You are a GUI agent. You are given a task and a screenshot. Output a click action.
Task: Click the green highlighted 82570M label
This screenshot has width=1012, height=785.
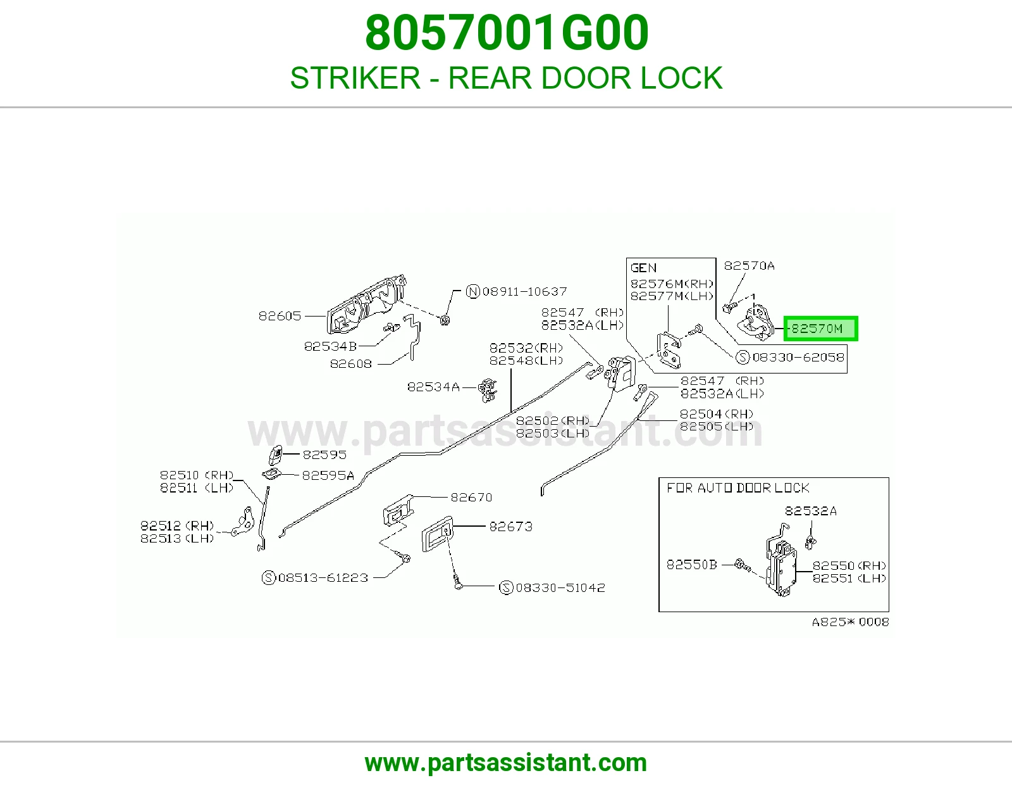click(820, 329)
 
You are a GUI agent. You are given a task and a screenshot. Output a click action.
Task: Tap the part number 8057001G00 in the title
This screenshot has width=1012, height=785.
click(506, 33)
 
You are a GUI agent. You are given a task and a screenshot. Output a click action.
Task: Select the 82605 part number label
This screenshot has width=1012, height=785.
click(280, 316)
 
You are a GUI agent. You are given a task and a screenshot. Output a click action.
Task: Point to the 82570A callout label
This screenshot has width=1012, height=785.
click(749, 266)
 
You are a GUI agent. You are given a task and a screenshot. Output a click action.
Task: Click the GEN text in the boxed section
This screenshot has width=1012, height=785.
click(643, 268)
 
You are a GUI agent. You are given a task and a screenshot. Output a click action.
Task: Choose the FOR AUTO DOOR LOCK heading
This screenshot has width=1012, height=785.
click(737, 488)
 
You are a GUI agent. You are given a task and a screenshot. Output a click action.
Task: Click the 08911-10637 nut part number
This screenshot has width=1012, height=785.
click(524, 292)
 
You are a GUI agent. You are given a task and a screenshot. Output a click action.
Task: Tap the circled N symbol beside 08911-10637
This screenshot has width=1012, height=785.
click(472, 292)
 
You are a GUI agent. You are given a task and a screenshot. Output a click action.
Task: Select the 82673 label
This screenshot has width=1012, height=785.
click(510, 527)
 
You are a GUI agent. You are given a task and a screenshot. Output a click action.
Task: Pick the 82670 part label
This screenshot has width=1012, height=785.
click(471, 498)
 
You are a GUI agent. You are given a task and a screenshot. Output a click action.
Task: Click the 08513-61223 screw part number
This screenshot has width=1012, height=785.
click(323, 578)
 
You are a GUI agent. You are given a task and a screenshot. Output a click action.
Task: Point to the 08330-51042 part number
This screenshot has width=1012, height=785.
click(560, 588)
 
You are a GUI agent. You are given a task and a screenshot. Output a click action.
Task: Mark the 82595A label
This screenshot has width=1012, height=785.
click(328, 475)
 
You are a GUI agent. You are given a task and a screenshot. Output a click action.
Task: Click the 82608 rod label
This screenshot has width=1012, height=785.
click(350, 363)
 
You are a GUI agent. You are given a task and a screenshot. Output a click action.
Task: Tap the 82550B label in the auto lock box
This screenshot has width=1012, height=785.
click(691, 565)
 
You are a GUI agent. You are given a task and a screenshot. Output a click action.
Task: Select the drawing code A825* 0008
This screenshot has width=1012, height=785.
click(851, 622)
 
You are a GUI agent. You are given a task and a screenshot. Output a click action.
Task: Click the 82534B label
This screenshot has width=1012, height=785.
click(330, 346)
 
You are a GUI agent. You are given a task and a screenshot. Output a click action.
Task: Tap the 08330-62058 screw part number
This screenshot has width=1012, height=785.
click(798, 358)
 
